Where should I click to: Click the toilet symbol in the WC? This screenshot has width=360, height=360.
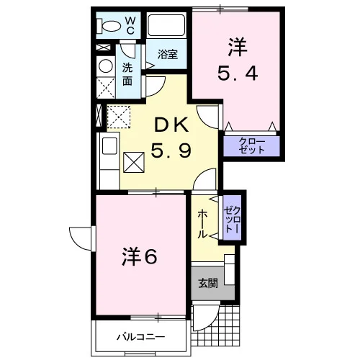(109, 26)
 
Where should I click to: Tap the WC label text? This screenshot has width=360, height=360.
(130, 26)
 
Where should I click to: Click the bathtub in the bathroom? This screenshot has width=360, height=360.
(166, 25)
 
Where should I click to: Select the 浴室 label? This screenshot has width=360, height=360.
(168, 54)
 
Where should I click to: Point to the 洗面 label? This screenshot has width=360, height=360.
(127, 74)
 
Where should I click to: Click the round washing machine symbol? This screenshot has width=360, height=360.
(106, 66)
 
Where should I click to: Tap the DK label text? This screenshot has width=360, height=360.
(171, 125)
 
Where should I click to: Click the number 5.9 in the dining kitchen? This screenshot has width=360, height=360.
(171, 150)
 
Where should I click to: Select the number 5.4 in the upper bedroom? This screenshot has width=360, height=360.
(238, 73)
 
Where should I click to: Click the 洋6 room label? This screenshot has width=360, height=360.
(140, 257)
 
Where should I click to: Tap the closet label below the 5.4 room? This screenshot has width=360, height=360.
(251, 146)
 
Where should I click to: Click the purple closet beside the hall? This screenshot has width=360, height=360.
(232, 217)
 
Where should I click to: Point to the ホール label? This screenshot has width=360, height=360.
(202, 224)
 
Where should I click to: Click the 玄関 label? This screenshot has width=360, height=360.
(208, 283)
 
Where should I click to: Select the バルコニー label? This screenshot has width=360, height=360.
(141, 337)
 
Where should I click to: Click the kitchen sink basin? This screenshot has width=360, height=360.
(109, 146)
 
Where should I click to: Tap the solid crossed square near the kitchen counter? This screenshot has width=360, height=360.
(134, 162)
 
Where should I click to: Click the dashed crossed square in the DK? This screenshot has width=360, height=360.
(119, 117)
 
